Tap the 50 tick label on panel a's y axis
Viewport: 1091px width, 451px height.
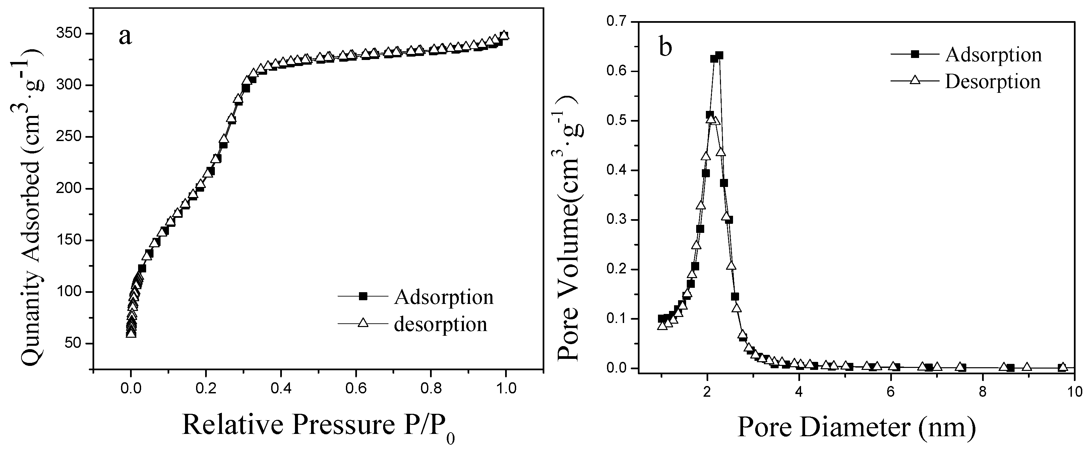[74, 344]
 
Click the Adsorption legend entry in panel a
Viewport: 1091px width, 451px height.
[443, 297]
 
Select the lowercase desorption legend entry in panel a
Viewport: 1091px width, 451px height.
[440, 324]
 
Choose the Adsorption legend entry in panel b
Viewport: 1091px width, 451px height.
[993, 55]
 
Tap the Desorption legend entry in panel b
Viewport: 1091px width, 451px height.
[992, 81]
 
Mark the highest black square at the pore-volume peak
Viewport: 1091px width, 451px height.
[719, 56]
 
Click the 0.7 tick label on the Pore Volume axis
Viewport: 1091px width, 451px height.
[617, 21]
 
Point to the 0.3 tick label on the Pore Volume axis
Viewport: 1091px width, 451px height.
[617, 220]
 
